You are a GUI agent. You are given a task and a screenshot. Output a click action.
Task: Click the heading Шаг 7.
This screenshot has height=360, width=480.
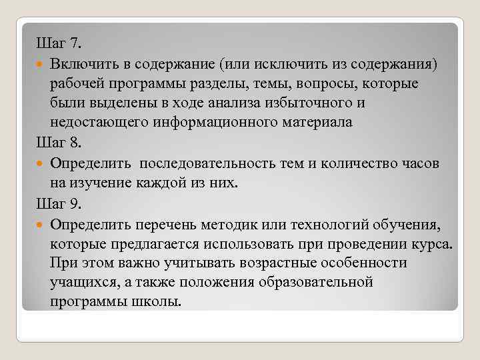(58, 45)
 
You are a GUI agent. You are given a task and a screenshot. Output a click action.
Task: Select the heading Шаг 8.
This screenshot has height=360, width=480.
(58, 143)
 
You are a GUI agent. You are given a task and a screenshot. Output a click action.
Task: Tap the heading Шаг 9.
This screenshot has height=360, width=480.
(58, 203)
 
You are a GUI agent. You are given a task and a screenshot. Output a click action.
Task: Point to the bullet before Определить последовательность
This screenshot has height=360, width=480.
(41, 164)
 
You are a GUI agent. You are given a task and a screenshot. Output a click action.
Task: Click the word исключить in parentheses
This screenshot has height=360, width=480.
(285, 65)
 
